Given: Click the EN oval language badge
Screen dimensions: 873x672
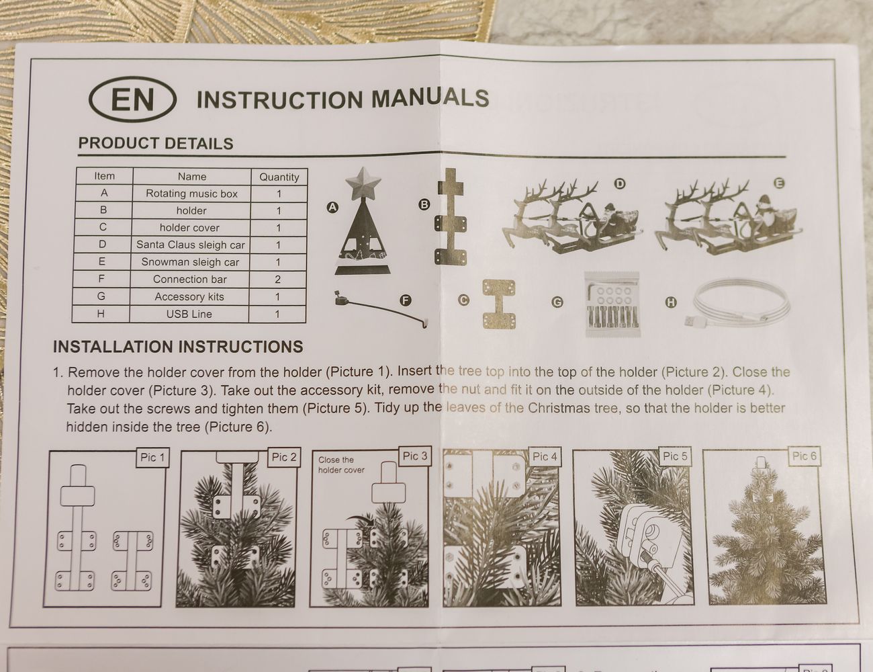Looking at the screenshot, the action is [132, 99].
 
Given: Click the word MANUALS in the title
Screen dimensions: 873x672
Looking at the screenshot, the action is [430, 99].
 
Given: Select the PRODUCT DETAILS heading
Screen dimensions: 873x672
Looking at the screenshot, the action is [156, 144].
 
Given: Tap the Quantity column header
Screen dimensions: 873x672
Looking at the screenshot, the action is [279, 177].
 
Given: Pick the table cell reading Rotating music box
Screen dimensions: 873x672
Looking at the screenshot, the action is [191, 194].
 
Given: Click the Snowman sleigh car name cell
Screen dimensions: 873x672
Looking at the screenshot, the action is [190, 262].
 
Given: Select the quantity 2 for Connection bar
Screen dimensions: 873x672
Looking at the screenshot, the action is [277, 280].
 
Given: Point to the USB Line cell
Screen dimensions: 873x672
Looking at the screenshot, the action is [189, 314].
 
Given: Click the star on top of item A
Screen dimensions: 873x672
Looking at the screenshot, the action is [363, 183].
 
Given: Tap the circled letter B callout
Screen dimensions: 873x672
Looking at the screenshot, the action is [424, 205].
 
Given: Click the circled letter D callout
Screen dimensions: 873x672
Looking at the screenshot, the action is [620, 184].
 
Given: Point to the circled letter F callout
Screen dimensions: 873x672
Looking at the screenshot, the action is [406, 300].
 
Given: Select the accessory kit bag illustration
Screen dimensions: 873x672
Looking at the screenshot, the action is [612, 304].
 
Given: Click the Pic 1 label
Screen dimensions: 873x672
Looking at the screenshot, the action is [152, 458].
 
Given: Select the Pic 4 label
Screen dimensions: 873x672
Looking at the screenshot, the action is [545, 457].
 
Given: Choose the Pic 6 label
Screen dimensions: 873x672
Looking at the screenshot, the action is [805, 456].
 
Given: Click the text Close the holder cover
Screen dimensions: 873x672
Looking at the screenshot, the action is [342, 465].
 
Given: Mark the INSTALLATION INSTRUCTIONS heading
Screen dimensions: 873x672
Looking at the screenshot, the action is [179, 347].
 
